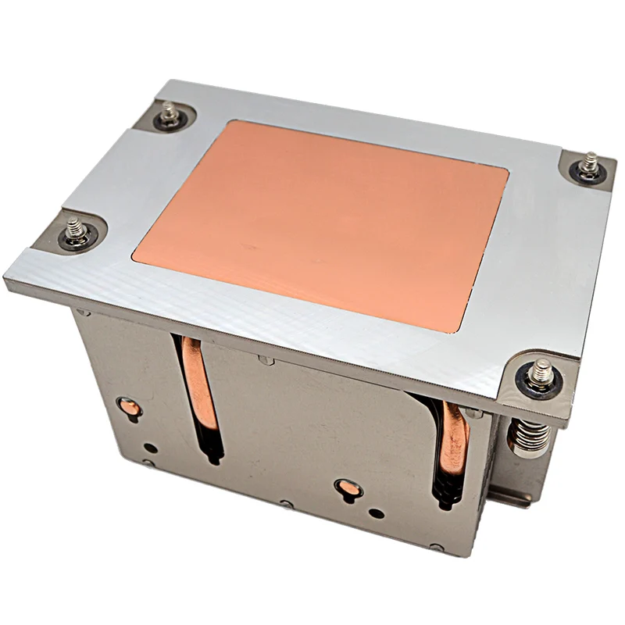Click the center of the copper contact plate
pos(320,223)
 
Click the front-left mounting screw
pos(77,232)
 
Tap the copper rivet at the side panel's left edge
pos(127,407)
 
